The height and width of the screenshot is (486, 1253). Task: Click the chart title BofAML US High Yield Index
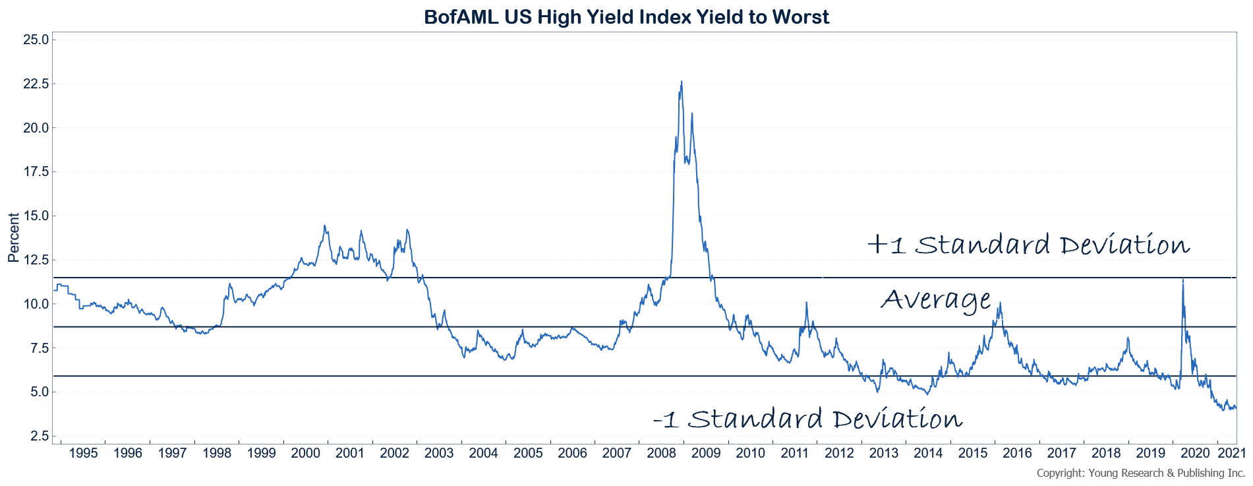click(626, 16)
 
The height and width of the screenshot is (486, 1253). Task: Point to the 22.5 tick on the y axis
click(36, 84)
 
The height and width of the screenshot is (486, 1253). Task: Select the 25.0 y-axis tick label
click(36, 40)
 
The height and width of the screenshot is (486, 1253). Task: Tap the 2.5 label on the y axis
click(39, 436)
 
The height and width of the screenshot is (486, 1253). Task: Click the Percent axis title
click(13, 237)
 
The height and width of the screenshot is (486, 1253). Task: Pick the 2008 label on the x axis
click(661, 453)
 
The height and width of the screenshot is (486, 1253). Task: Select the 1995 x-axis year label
click(83, 453)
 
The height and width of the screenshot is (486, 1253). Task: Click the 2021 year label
click(1231, 453)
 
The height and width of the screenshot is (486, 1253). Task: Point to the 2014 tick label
click(928, 453)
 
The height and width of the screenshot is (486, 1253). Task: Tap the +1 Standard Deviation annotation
click(1028, 245)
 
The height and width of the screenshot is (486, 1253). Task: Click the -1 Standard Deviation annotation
click(807, 419)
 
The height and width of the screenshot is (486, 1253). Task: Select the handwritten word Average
click(935, 300)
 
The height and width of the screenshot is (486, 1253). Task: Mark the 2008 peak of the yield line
click(681, 82)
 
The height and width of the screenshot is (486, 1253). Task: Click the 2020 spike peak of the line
click(1182, 280)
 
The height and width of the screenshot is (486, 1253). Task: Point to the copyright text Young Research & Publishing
click(1140, 473)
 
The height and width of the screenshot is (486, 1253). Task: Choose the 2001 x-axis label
click(350, 453)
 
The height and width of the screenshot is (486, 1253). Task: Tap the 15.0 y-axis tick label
click(36, 216)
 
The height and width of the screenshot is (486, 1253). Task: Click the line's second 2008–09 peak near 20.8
click(691, 113)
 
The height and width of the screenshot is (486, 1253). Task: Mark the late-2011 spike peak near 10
click(806, 303)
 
